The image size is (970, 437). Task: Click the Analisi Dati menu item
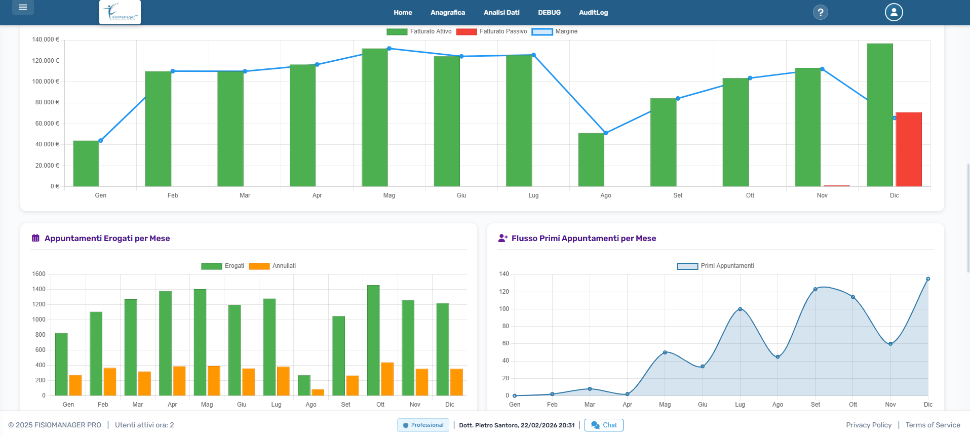[501, 13]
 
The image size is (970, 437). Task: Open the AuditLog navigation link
[593, 13]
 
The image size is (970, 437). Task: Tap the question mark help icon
[820, 12]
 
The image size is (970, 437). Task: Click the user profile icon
[894, 12]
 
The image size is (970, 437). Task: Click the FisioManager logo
[120, 12]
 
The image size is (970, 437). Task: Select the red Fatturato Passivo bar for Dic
[908, 149]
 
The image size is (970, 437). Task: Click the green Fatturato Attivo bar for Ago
[591, 160]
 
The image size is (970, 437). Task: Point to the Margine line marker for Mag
[389, 49]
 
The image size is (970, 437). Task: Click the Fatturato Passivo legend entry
[491, 31]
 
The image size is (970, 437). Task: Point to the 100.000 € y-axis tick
[46, 82]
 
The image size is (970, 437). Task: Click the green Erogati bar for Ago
[304, 385]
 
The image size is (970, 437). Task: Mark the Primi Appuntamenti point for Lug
[740, 309]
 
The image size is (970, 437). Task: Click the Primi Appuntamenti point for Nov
[890, 344]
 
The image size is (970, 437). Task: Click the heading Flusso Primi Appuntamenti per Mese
[584, 239]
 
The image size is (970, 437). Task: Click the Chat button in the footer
[604, 425]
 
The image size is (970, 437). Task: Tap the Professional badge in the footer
[423, 425]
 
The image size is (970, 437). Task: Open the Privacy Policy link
[868, 425]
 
